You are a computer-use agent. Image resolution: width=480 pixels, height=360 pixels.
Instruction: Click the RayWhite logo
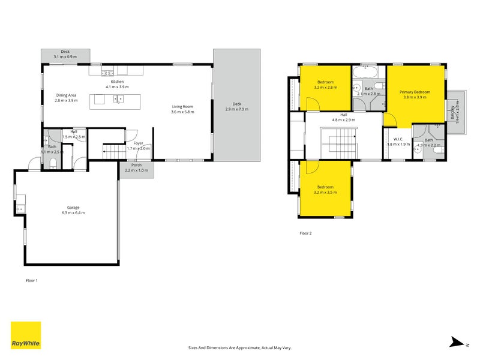(x=26, y=335)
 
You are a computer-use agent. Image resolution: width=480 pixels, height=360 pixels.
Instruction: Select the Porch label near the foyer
(x=137, y=164)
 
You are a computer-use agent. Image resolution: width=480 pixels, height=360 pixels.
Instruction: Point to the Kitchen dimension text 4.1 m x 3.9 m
(x=117, y=87)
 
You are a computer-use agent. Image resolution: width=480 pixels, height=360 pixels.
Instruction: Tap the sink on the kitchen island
(x=119, y=99)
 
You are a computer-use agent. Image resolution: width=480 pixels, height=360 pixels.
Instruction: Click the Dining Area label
(x=66, y=95)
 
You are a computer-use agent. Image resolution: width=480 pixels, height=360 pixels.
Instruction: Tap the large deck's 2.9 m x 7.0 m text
(x=236, y=109)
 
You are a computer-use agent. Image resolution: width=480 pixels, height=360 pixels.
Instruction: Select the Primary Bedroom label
(x=415, y=91)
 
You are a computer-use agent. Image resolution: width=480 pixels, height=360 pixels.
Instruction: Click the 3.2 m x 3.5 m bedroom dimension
(x=325, y=192)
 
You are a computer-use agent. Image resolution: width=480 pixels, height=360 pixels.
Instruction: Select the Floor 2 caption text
(x=305, y=233)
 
